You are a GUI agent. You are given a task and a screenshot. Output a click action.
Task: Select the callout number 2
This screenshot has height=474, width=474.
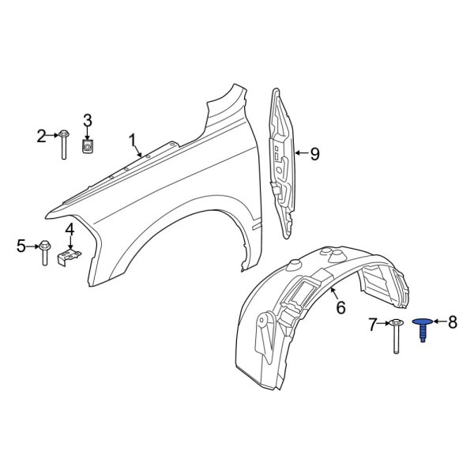(41, 136)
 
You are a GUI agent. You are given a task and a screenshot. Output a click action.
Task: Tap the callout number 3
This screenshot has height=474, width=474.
(88, 120)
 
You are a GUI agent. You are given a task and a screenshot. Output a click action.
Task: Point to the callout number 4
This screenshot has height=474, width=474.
(70, 230)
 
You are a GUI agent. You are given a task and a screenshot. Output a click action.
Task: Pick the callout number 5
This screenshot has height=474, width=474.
(21, 246)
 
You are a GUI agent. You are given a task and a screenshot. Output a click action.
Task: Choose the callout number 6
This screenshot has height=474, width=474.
(340, 307)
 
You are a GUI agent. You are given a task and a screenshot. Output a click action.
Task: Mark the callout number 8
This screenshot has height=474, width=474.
(453, 322)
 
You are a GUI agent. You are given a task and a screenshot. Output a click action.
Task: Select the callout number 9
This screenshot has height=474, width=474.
(314, 154)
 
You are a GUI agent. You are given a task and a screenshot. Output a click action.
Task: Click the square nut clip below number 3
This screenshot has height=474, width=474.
(88, 146)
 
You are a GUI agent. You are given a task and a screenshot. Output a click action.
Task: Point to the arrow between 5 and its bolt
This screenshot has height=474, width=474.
(33, 246)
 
